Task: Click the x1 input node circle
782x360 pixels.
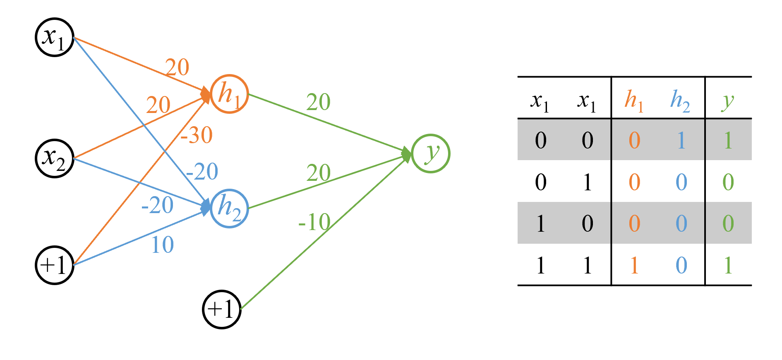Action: coord(55,37)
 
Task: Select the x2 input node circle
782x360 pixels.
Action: coord(55,158)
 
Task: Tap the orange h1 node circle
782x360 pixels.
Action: coord(229,94)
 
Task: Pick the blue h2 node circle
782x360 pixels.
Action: coord(229,208)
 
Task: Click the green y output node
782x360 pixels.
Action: coord(431,154)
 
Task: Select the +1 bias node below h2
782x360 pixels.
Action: coord(222,310)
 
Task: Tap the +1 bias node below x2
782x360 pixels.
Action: coord(55,265)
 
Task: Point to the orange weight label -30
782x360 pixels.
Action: coord(197,135)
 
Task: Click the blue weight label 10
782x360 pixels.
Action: coord(162,245)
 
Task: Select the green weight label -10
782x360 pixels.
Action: coord(314,222)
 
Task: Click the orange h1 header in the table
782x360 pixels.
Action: coord(634,101)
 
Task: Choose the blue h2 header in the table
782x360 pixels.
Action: coord(680,101)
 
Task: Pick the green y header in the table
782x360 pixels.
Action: coord(728,101)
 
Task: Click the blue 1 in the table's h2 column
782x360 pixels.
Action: coord(681,140)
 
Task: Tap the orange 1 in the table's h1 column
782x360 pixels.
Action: coord(634,265)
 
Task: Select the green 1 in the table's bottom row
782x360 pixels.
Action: coord(728,265)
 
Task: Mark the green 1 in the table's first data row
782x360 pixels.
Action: coord(728,140)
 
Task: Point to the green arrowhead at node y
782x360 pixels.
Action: coord(407,154)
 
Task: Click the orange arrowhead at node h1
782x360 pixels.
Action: coord(206,94)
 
